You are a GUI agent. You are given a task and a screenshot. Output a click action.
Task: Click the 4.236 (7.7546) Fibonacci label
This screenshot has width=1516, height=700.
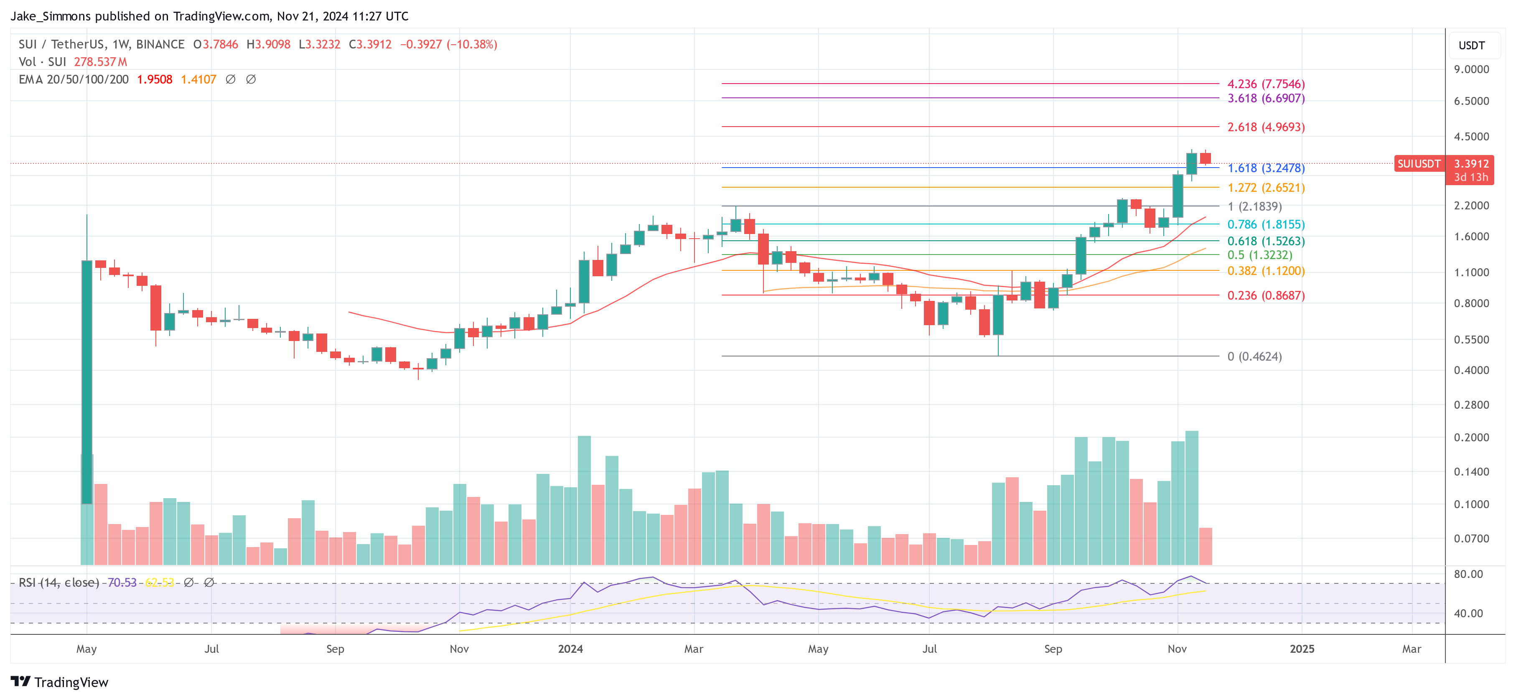[1265, 84]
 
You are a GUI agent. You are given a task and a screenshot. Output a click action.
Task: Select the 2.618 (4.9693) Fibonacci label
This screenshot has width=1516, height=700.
[1265, 127]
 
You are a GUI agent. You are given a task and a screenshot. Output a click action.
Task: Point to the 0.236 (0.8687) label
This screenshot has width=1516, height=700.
[1265, 295]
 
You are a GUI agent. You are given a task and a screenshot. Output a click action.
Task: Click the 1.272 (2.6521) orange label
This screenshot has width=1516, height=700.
[1265, 188]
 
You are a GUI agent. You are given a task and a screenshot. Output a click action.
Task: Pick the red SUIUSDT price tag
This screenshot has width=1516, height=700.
[1418, 164]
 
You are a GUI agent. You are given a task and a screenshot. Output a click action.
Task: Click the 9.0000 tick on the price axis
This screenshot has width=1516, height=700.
[1471, 69]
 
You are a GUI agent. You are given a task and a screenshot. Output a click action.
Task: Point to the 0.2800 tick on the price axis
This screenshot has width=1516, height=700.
[1471, 405]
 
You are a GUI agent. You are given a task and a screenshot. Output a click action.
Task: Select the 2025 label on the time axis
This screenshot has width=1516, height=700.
[1301, 649]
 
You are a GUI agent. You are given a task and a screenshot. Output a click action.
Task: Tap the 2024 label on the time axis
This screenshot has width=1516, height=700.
[570, 649]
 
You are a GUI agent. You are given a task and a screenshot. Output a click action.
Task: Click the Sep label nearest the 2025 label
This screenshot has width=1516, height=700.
[1053, 649]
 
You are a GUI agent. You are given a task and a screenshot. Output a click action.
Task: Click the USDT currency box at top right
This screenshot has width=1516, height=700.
[1471, 45]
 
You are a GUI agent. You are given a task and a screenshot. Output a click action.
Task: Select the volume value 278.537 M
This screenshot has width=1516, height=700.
[100, 62]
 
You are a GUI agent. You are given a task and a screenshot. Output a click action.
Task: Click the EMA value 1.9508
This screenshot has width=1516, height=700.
[154, 79]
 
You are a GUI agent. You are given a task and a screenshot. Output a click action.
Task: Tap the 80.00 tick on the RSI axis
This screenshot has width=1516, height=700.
[1468, 574]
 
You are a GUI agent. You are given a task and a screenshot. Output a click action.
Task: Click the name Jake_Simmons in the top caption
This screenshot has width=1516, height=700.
[51, 16]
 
